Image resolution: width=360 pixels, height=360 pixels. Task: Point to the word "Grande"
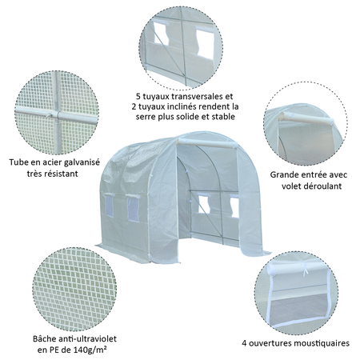coord(286,174)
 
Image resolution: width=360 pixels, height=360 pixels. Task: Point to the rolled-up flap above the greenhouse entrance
coord(204,147)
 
